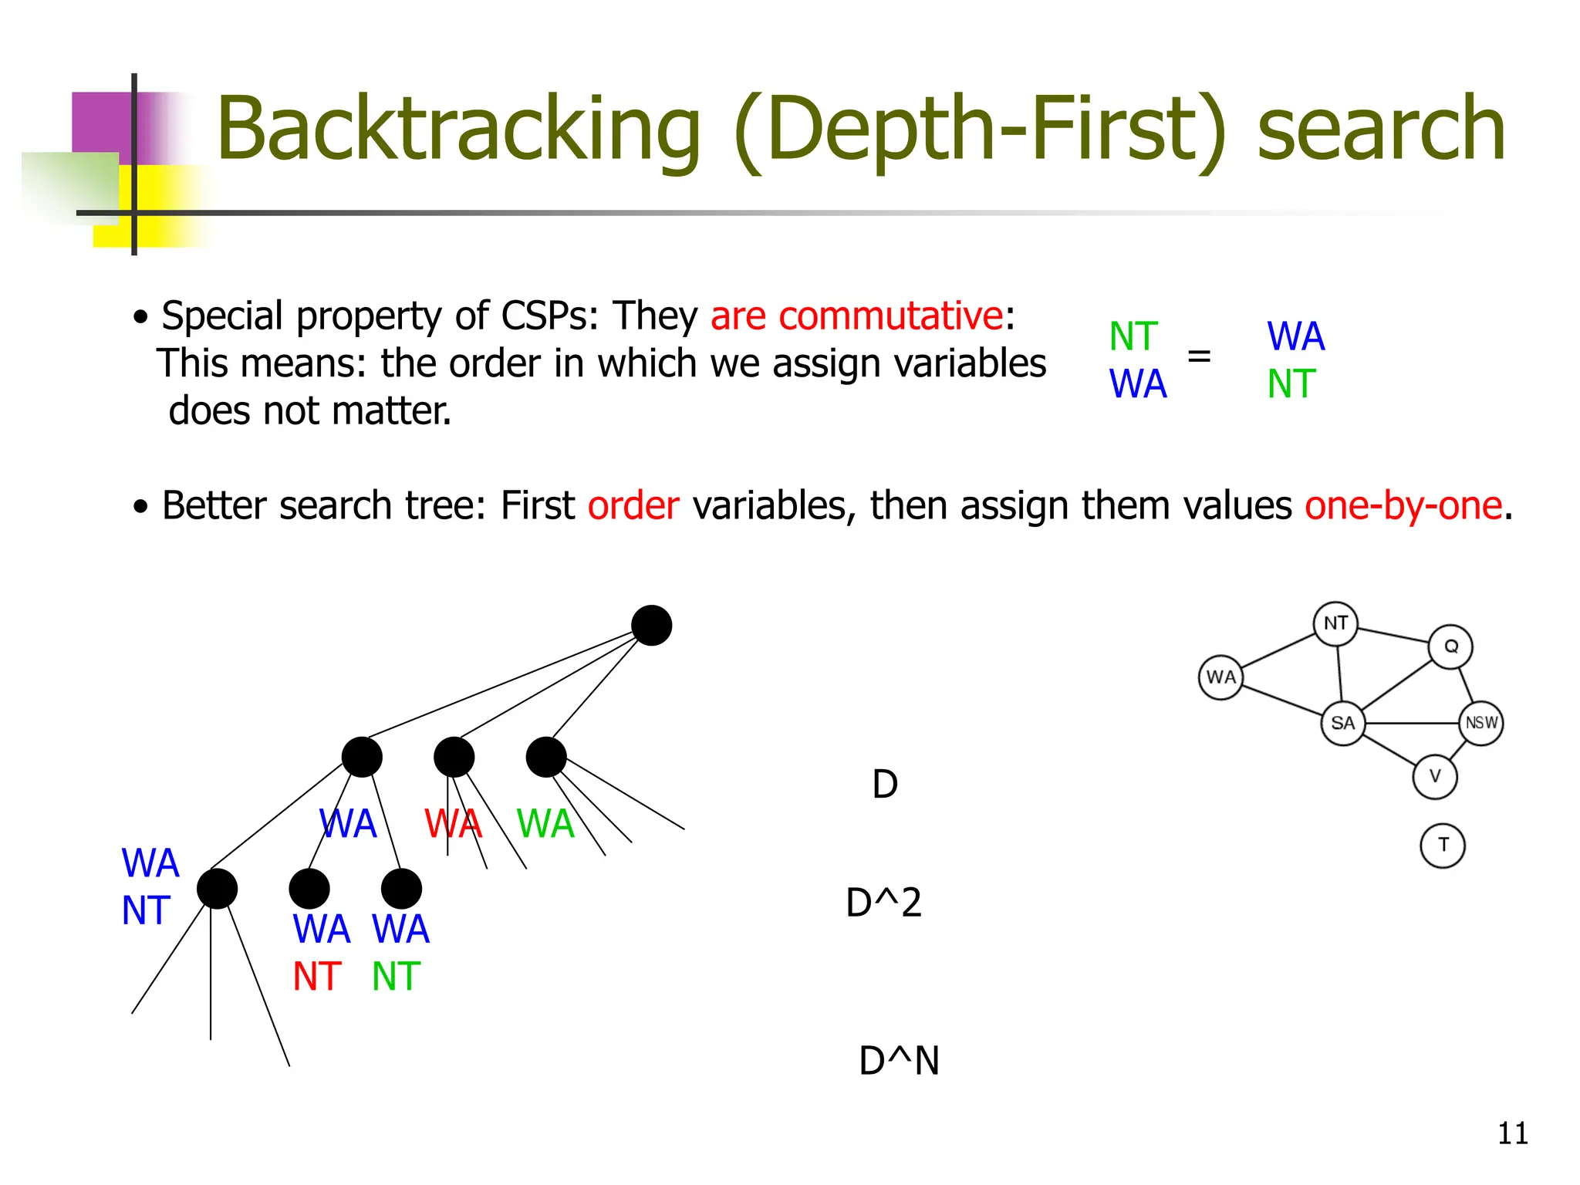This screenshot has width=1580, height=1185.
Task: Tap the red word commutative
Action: [890, 316]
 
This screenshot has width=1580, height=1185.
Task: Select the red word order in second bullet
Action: [633, 506]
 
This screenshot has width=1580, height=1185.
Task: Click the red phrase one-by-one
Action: [1403, 506]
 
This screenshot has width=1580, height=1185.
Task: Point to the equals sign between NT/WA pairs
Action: [1198, 356]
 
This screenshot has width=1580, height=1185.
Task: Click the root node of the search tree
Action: [651, 626]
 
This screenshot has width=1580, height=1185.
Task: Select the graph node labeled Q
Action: [1450, 647]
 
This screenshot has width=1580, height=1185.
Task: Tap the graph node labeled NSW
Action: [1481, 723]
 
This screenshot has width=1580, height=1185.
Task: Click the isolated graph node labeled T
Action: [1442, 846]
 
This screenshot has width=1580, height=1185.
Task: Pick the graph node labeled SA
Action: [1342, 724]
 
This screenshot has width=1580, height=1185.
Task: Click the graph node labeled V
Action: [1435, 776]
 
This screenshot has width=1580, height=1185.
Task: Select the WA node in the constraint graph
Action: [1220, 677]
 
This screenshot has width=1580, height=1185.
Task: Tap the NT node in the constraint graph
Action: [1335, 623]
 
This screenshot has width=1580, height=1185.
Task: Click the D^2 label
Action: [883, 903]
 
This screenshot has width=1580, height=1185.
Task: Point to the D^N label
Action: [899, 1061]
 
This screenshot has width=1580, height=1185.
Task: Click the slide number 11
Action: [1512, 1133]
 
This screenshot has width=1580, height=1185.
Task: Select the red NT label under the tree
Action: [316, 977]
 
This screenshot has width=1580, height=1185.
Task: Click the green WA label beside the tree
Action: [545, 824]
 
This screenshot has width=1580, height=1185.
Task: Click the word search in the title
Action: [1381, 130]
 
